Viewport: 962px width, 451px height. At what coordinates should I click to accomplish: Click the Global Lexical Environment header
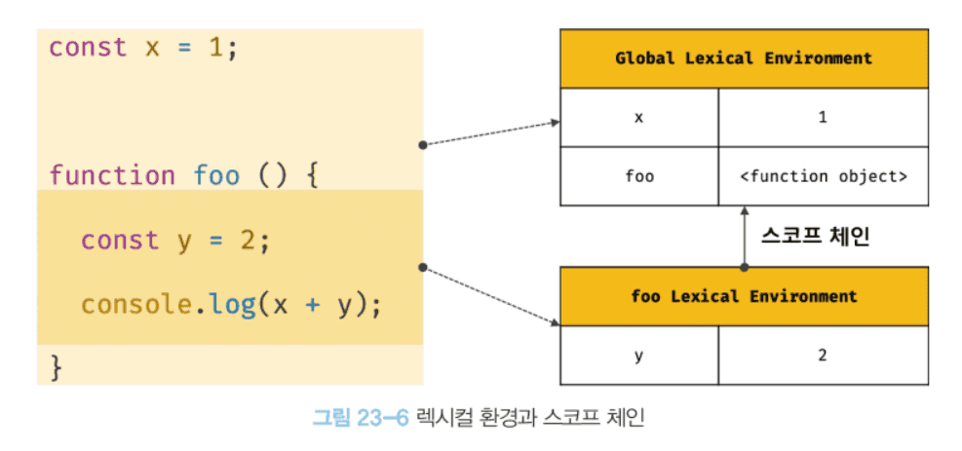coord(744,58)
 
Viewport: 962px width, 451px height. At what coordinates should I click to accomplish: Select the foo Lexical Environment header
coord(744,296)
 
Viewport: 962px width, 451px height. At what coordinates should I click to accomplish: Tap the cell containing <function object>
coord(824,176)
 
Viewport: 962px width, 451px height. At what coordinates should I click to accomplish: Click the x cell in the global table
coord(639,117)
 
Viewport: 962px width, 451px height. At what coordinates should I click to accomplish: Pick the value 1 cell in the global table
coord(824,117)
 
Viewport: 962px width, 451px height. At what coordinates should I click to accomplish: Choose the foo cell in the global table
coord(639,176)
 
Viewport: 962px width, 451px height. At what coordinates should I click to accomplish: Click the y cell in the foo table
coord(639,356)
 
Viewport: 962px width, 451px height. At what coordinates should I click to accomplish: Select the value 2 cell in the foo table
coord(824,356)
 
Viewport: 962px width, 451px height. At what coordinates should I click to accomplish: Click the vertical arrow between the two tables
coord(745,237)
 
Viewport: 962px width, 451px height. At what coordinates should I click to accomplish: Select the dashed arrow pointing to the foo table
coord(492,294)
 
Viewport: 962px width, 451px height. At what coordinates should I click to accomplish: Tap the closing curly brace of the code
coord(56,367)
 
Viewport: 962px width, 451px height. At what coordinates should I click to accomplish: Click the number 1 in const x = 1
coord(215,48)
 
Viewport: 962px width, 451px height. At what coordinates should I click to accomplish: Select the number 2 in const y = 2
coord(248,241)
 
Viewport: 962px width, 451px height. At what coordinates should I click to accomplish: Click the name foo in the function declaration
coord(216,176)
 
